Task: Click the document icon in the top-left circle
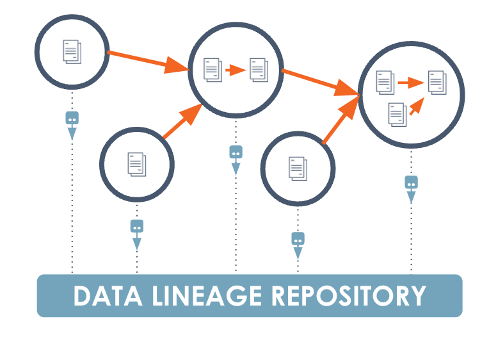pos(72,51)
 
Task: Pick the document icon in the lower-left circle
pos(136,163)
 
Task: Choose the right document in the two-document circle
pos(259,69)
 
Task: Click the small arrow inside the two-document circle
pos(236,70)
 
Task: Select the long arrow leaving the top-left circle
pos(147,61)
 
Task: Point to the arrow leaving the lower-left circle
pos(182,122)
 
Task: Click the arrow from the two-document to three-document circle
pos(320,82)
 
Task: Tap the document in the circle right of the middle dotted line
pos(298,168)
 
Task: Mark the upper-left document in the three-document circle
pos(385,82)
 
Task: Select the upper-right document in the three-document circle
pos(437,82)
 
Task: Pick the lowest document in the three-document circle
pos(397,114)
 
